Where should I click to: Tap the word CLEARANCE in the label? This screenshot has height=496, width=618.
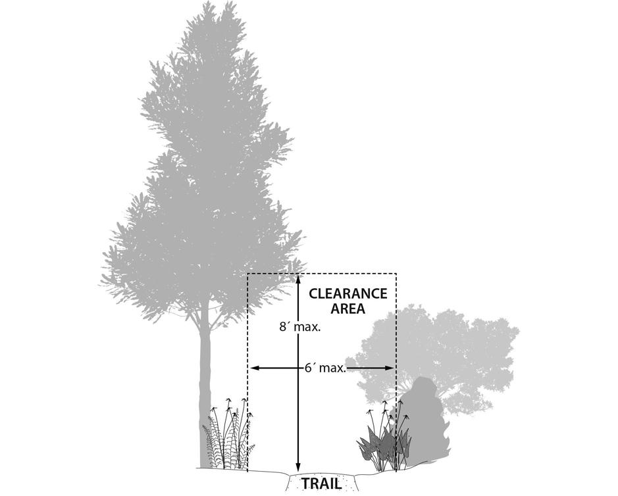[348, 294]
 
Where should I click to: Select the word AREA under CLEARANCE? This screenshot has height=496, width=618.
[348, 309]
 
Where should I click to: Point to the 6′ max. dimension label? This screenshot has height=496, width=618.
[325, 368]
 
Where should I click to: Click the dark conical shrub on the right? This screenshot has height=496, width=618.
[425, 421]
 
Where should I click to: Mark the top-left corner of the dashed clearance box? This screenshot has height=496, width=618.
[247, 273]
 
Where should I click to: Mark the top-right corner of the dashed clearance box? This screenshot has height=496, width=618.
[396, 273]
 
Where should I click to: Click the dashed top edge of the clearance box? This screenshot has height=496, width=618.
[342, 273]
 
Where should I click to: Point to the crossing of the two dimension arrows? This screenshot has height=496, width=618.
[298, 368]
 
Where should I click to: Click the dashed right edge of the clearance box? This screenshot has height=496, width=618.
[396, 329]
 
